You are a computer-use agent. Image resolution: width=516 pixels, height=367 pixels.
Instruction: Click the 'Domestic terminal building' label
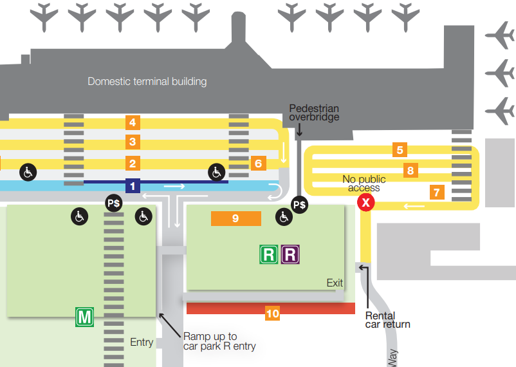(x=147, y=82)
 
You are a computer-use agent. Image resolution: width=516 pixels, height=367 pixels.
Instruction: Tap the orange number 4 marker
(x=132, y=122)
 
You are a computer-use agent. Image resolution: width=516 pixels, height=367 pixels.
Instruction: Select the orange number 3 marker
(x=132, y=142)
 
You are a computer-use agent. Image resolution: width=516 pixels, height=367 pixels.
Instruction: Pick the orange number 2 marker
(x=132, y=164)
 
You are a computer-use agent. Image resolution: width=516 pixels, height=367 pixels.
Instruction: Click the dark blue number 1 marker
(x=133, y=186)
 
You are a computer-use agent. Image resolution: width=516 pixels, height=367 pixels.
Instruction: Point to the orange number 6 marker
(x=258, y=163)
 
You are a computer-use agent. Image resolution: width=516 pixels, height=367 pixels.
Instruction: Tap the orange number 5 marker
(x=400, y=150)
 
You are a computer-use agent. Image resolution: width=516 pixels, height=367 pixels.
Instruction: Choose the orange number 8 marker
(x=410, y=171)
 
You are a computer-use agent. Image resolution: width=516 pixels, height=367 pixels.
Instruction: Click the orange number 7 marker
(x=437, y=192)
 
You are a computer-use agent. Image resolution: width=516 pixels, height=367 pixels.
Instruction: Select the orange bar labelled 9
(x=235, y=218)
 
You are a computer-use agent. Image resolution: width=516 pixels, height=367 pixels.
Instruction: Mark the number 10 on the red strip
(x=273, y=314)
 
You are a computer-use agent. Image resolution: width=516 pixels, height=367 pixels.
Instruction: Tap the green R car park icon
(x=268, y=254)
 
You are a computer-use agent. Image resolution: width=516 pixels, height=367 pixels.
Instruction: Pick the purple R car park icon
(x=290, y=254)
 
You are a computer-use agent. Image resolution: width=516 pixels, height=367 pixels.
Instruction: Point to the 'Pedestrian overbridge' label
(x=314, y=113)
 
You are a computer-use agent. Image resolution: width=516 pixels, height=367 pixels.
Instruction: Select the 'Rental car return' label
(x=387, y=320)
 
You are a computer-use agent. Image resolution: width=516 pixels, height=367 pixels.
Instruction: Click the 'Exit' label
(x=335, y=283)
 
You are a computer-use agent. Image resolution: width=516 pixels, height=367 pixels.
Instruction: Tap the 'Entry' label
(x=142, y=342)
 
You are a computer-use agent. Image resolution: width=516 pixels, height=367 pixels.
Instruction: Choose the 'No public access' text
(x=364, y=183)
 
